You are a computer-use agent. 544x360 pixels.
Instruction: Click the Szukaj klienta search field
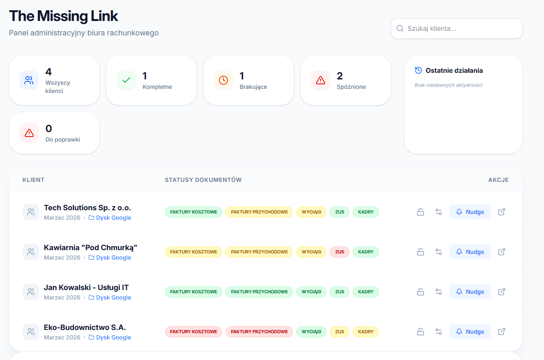[x=457, y=28]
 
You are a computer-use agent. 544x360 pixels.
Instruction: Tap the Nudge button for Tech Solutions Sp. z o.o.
[x=470, y=212]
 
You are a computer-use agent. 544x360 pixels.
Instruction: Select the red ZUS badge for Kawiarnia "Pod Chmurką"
[x=339, y=252]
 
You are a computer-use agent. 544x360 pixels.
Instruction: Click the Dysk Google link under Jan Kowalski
[x=114, y=297]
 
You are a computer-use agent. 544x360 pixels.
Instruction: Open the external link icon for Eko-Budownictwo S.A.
[x=502, y=332]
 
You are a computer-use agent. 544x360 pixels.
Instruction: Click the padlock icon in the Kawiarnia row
[x=421, y=252]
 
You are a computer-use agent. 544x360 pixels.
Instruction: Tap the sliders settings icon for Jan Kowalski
[x=438, y=292]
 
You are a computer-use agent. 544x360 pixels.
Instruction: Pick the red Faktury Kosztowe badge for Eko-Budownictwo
[x=193, y=332]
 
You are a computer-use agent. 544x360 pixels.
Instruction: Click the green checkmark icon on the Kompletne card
[x=126, y=80]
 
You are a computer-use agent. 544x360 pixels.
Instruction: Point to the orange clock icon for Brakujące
[x=223, y=80]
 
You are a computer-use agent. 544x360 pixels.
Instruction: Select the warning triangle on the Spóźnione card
[x=321, y=80]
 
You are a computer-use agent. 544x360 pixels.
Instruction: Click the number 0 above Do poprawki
[x=49, y=128]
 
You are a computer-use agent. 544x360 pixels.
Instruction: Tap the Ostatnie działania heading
[x=454, y=70]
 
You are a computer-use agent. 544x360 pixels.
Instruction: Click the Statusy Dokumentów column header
[x=203, y=180]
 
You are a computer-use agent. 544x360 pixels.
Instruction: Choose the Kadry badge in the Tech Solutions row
[x=366, y=212]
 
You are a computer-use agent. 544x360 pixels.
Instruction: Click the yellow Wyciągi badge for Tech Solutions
[x=312, y=212]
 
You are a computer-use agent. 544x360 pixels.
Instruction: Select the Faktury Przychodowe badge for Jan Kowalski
[x=259, y=292]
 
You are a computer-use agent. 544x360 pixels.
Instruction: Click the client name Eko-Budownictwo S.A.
[x=85, y=327]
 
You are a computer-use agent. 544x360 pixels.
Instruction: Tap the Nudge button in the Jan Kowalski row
[x=470, y=292]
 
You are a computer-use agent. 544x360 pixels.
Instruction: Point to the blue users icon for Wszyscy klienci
[x=29, y=80]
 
